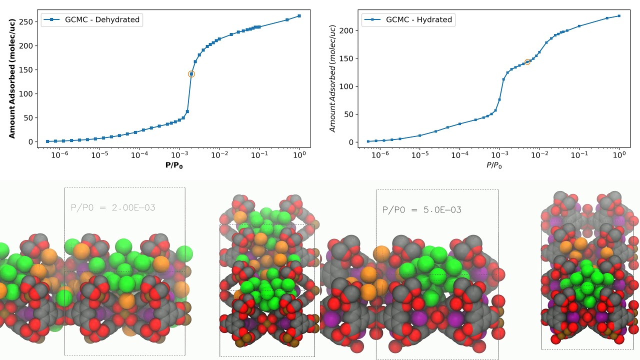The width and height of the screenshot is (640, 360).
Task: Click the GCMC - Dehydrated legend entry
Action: [x=92, y=20]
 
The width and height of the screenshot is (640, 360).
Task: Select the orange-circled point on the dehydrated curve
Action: [x=191, y=74]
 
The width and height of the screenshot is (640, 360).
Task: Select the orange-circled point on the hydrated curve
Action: [x=527, y=62]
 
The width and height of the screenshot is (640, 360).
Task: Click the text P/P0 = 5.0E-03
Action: [x=421, y=210]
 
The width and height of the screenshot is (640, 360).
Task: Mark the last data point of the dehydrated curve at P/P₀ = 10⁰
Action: [x=299, y=16]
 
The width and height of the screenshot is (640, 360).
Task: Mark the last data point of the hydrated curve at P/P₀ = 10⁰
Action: [x=619, y=16]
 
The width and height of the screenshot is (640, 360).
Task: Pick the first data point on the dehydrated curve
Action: [x=47, y=141]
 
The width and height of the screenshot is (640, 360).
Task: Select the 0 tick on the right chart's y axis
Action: [x=352, y=142]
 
